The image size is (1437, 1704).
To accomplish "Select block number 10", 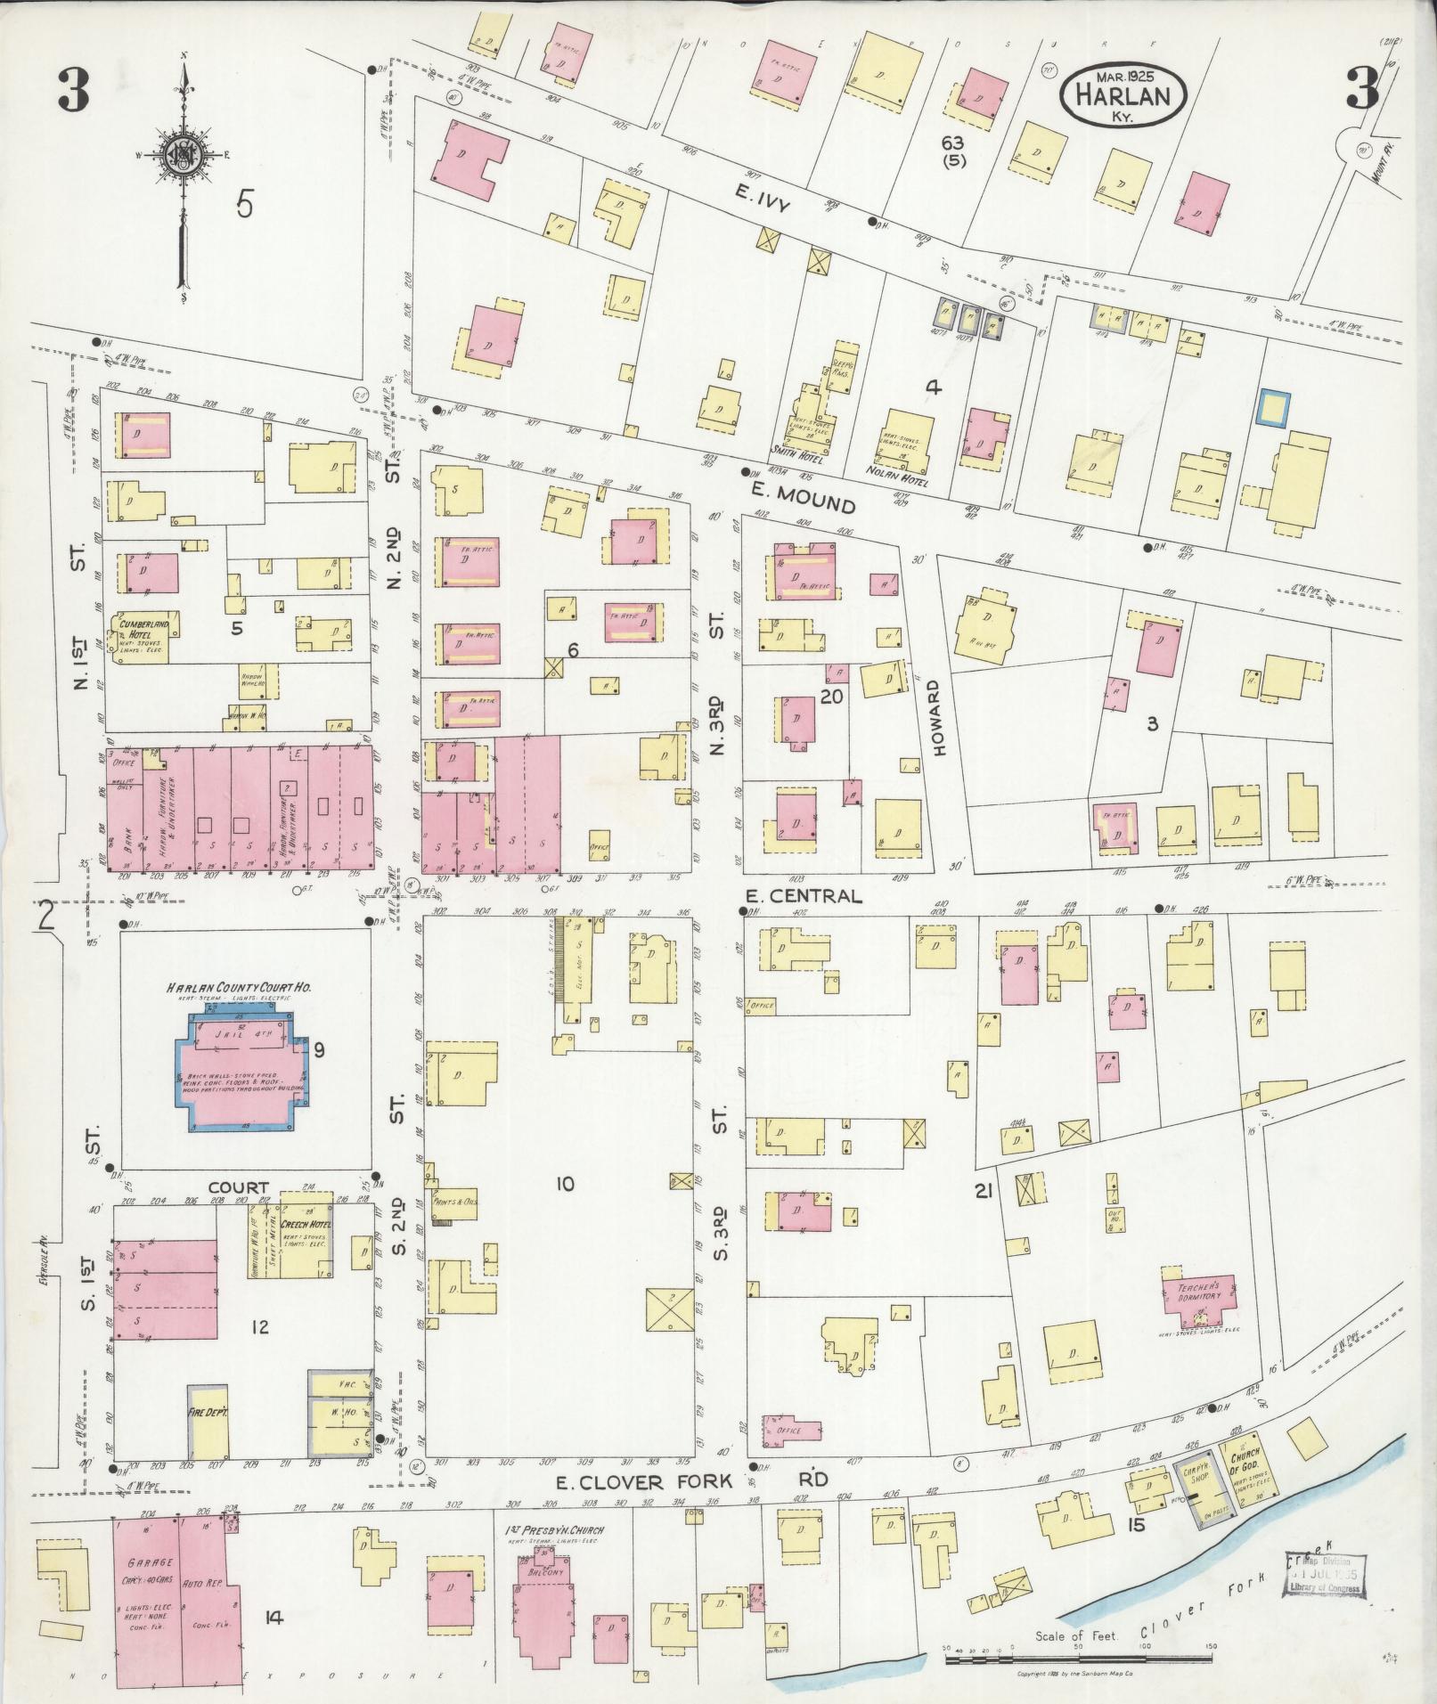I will pyautogui.click(x=564, y=1183).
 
